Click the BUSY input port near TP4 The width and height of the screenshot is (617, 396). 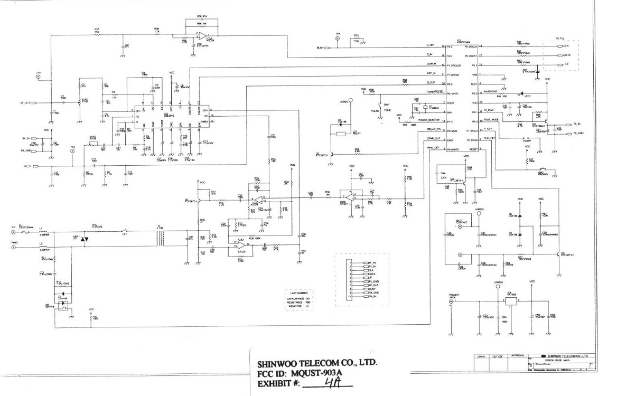(325, 48)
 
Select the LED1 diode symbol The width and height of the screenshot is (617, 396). (537, 95)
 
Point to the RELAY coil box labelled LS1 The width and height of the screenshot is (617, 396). (341, 134)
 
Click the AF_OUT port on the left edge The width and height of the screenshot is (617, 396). (34, 103)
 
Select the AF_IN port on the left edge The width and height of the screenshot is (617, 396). (34, 166)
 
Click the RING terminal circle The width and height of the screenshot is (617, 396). (13, 246)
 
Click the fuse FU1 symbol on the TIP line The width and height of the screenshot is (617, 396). (26, 231)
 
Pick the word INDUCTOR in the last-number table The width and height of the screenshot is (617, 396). (294, 306)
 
